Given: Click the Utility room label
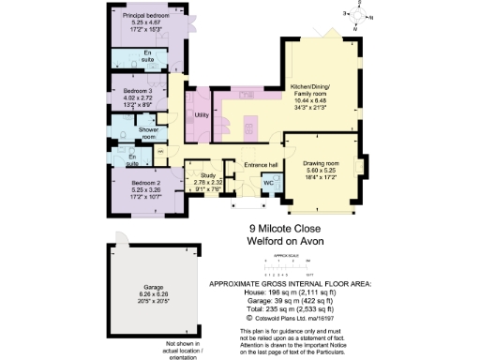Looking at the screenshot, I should [201, 115].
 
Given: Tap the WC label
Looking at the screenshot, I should [267, 181].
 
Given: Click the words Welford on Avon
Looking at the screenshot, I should [283, 240].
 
